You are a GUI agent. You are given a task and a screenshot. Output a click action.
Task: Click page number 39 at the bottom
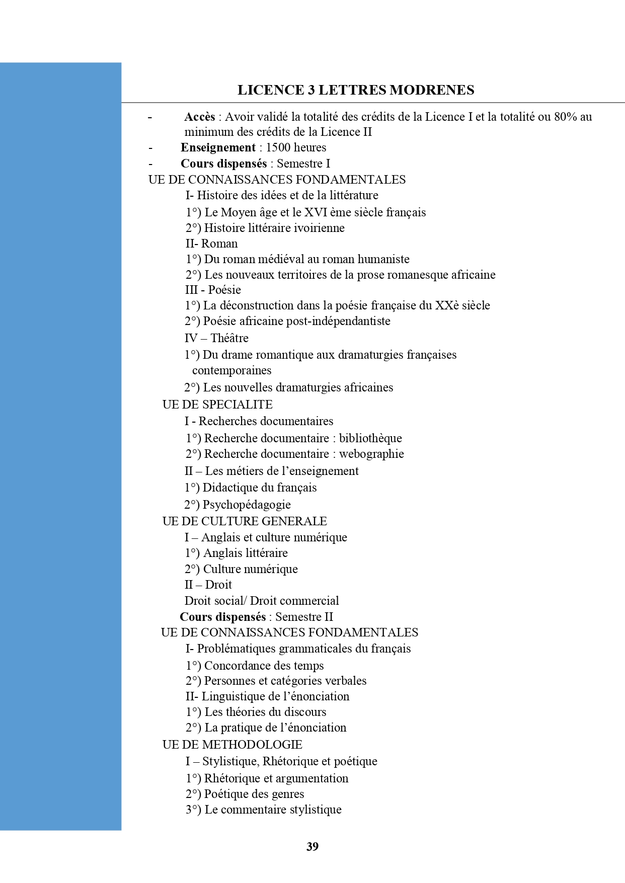click(x=312, y=846)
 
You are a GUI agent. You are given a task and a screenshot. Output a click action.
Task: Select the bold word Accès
click(x=200, y=117)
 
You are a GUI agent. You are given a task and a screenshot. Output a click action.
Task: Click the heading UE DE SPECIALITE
click(x=217, y=405)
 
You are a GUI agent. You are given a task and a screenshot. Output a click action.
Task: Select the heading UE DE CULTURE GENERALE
click(x=245, y=521)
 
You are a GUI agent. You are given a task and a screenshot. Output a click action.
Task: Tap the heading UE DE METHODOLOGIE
click(x=232, y=745)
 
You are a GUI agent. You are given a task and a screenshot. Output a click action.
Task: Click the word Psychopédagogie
click(x=247, y=505)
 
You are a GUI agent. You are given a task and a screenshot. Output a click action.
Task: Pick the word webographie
click(x=371, y=454)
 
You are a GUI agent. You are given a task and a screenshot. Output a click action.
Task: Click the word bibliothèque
click(x=370, y=438)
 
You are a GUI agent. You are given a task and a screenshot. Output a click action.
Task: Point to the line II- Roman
click(x=211, y=244)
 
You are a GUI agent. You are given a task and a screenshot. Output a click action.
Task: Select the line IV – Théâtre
click(x=216, y=338)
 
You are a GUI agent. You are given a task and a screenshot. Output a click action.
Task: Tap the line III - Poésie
click(x=213, y=290)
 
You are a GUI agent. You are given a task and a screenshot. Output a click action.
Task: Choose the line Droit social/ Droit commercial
click(x=262, y=601)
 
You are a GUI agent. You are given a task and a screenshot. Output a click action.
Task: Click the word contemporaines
click(x=231, y=370)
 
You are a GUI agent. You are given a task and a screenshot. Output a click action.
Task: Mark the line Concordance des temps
click(x=264, y=666)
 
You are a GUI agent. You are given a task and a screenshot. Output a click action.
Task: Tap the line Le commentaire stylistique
click(x=273, y=810)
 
